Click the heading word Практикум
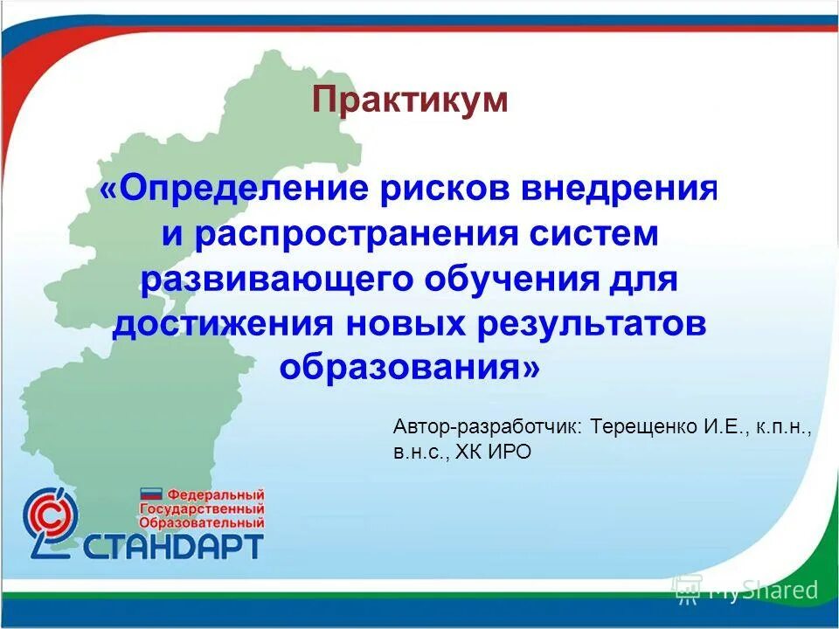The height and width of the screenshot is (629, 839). tap(410, 100)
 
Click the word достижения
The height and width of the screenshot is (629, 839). tap(224, 324)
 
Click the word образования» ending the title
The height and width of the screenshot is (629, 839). tap(410, 368)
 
